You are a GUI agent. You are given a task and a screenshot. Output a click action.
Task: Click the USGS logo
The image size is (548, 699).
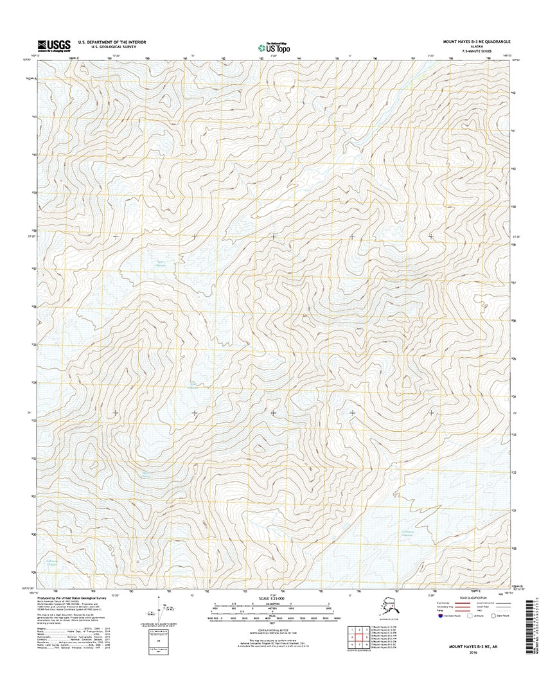pyautogui.click(x=53, y=44)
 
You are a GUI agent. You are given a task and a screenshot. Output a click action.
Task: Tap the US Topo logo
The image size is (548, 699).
pyautogui.click(x=274, y=46)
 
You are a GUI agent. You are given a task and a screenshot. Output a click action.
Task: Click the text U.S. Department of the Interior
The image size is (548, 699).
pyautogui.click(x=112, y=42)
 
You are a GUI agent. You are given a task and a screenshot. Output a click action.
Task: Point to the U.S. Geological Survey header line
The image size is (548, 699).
pyautogui.click(x=112, y=47)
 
